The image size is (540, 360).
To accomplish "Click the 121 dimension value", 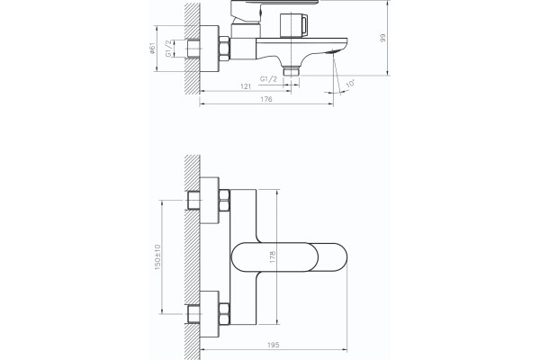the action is click(x=246, y=86).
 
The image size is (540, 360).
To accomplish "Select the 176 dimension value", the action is click(x=265, y=99).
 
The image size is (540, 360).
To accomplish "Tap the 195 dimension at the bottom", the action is click(x=273, y=345).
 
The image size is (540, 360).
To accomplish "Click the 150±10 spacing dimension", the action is click(x=157, y=257).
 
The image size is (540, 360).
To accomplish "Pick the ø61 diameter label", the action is click(x=152, y=49).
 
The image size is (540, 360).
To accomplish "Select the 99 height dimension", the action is click(x=382, y=38).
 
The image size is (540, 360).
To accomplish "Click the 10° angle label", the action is click(x=350, y=84).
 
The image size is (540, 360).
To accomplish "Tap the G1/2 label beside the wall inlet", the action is click(x=169, y=49).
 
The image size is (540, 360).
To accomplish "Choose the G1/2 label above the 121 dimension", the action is click(x=268, y=79).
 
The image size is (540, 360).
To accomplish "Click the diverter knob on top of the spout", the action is click(x=293, y=25).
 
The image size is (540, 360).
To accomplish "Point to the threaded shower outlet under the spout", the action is click(x=292, y=71).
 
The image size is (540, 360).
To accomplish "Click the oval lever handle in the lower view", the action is click(x=289, y=257).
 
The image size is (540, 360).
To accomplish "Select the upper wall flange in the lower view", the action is click(x=210, y=201).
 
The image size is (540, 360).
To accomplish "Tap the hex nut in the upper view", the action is click(x=224, y=49).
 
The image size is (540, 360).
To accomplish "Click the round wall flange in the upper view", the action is click(x=210, y=49).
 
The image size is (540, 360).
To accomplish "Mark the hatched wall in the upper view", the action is click(x=193, y=49).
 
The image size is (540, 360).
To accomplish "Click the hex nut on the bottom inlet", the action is click(x=224, y=314).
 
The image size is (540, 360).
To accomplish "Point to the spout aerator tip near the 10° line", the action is click(x=333, y=52).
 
